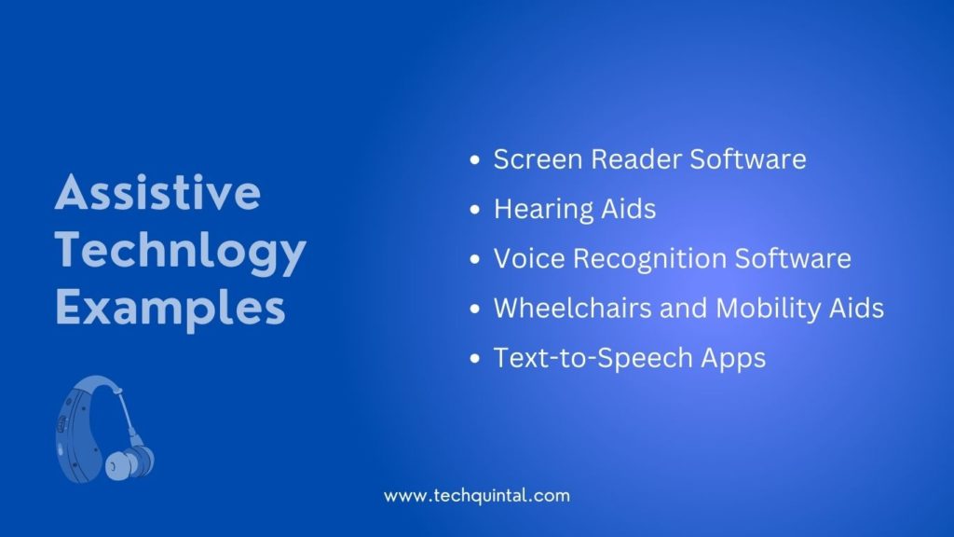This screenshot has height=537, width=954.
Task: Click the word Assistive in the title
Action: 158,192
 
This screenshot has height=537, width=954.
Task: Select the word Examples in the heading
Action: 170,309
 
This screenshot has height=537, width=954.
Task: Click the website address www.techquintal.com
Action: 477,496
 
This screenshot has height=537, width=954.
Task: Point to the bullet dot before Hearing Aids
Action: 475,210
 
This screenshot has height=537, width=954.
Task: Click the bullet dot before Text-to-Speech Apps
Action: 475,358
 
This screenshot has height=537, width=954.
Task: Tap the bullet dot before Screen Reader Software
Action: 475,160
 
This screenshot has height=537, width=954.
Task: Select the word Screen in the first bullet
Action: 538,159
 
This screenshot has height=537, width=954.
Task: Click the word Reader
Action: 635,159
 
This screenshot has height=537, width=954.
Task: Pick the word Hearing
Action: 543,210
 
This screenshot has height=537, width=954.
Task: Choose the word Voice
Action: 529,258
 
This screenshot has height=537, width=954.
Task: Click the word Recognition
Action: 649,259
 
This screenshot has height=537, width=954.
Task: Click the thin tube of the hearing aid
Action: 127,416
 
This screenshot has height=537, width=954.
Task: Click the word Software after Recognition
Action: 793,258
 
